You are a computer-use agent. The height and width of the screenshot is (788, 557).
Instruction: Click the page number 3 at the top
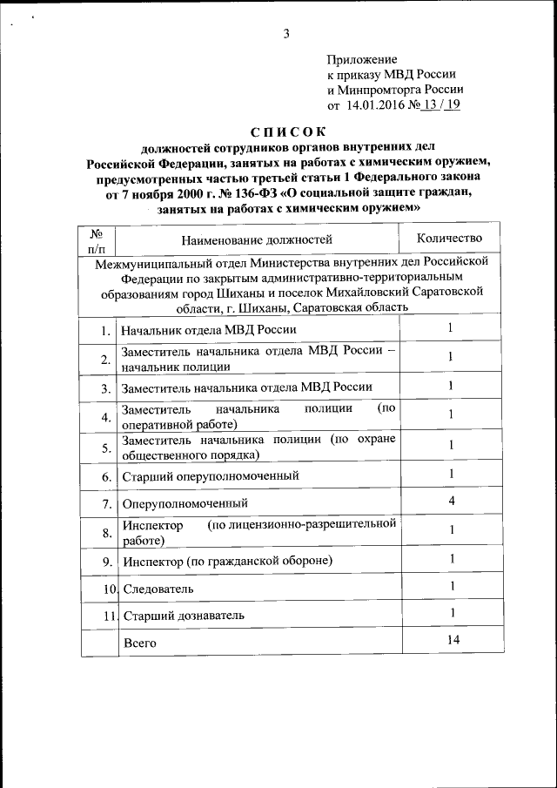[285, 34]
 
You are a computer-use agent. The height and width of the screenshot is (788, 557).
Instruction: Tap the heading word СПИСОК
[286, 131]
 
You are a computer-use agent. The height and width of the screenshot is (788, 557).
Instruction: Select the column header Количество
[450, 237]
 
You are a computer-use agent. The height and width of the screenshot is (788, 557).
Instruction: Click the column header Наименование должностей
[257, 239]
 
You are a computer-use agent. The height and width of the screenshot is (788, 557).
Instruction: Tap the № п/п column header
[97, 239]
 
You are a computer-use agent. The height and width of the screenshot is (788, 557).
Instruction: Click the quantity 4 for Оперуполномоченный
[451, 502]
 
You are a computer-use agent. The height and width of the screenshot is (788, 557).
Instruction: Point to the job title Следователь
[158, 589]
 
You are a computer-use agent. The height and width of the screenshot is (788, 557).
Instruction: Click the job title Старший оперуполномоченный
[211, 475]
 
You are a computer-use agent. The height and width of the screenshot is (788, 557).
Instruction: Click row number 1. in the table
[105, 330]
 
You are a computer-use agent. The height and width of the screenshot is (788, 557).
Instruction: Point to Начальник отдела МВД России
[209, 330]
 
